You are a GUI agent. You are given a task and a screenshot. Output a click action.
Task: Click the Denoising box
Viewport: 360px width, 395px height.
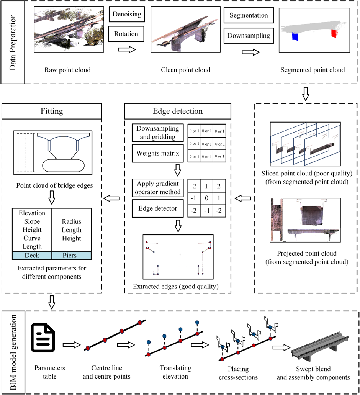[x=127, y=15]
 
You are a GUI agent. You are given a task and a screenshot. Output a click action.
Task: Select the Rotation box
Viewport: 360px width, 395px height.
[x=127, y=34]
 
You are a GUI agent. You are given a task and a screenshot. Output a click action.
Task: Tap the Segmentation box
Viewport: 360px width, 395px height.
[x=249, y=16]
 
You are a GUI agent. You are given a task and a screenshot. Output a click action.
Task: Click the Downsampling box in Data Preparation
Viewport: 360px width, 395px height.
[x=249, y=36]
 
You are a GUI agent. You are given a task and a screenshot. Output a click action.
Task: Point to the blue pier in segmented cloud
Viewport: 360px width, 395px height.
[x=295, y=37]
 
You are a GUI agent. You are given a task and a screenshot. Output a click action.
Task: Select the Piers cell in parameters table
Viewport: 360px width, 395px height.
[x=72, y=255]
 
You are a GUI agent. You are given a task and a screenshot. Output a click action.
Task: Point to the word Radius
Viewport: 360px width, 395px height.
[x=72, y=221]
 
